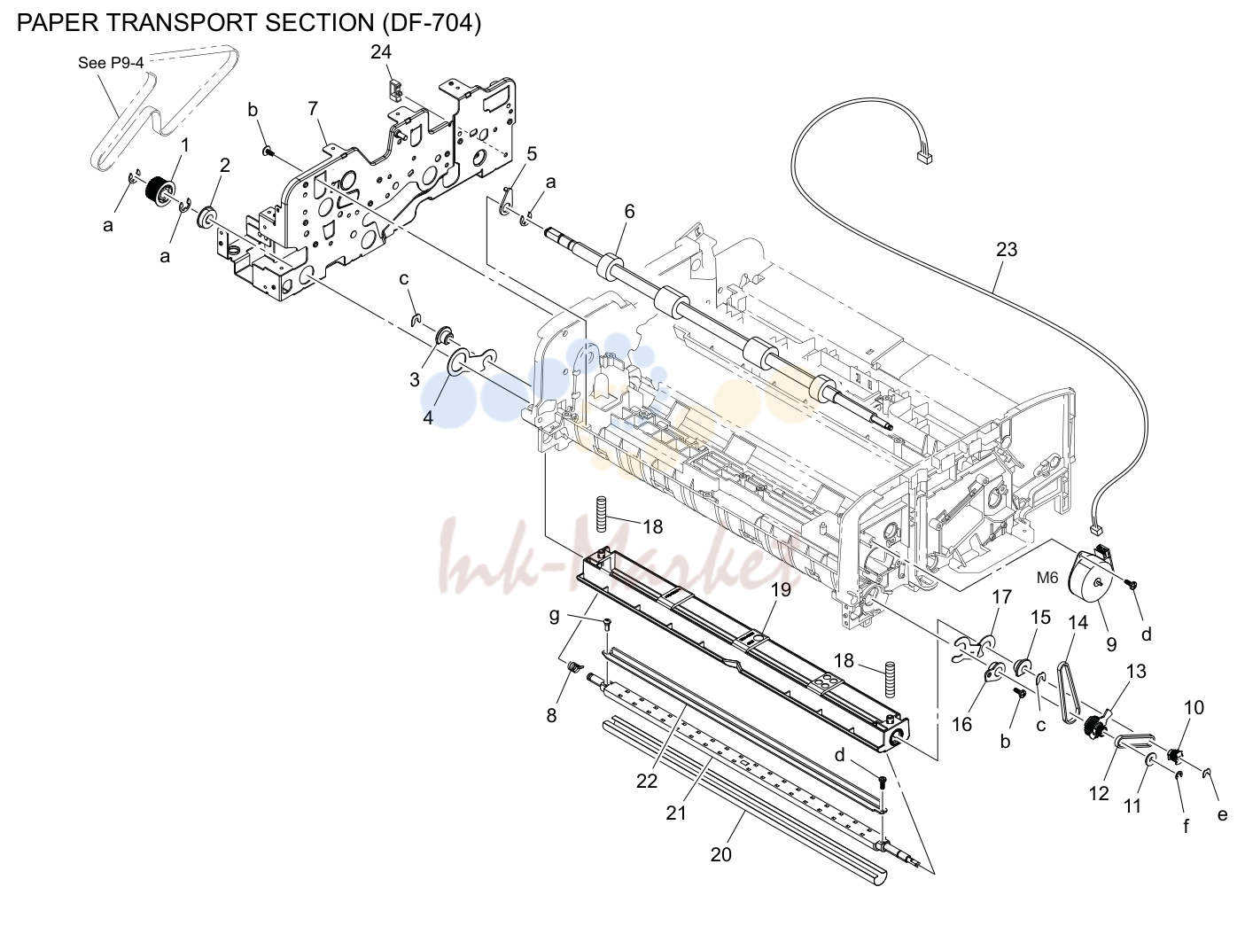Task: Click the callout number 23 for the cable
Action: [1007, 249]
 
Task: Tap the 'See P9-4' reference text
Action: [111, 63]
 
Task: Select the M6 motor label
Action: [1047, 578]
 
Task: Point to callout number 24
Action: [381, 51]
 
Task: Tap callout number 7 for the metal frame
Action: [313, 108]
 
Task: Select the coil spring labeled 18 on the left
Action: [601, 514]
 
